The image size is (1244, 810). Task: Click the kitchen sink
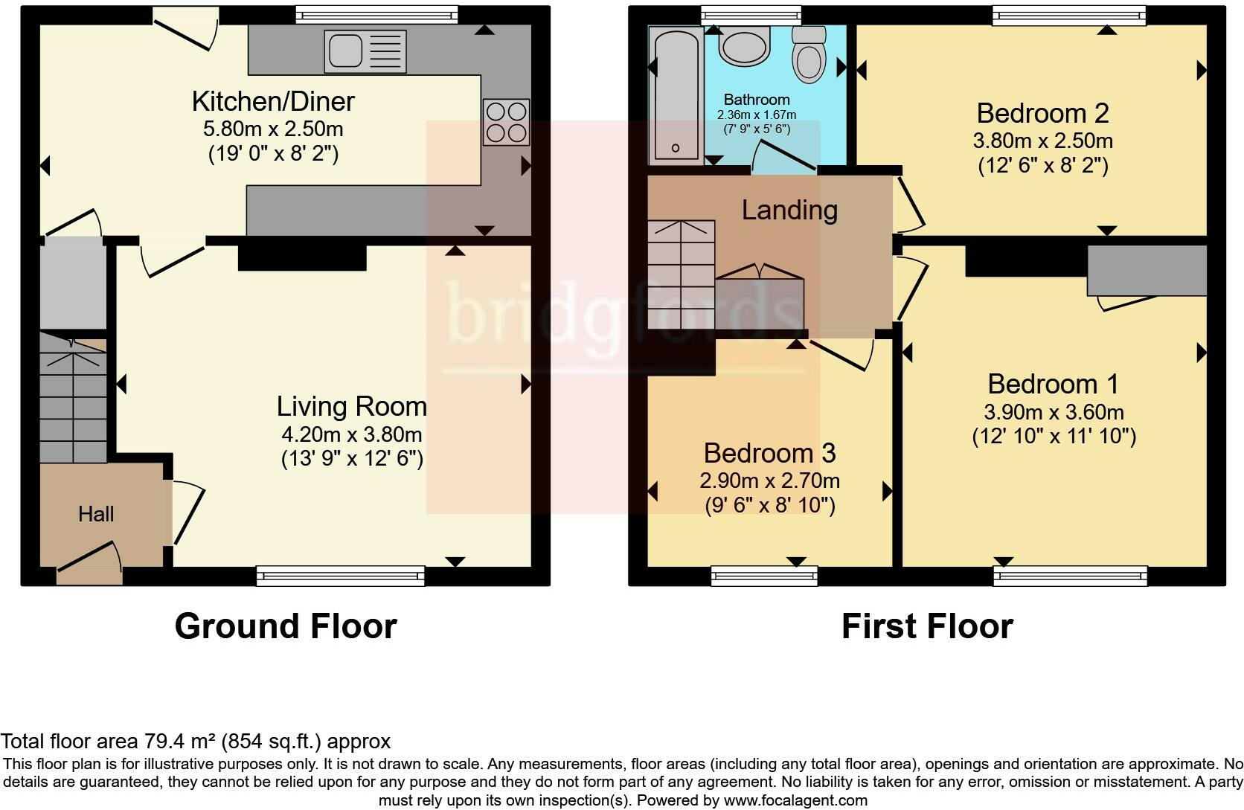coord(365,51)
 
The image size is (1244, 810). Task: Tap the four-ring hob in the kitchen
coord(506,122)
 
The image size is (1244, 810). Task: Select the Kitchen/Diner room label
coord(273,101)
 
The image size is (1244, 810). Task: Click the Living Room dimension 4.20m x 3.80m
coord(351,434)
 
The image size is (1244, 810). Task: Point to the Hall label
coord(96,514)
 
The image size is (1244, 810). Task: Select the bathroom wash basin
coord(743,48)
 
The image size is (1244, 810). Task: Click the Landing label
coord(789,210)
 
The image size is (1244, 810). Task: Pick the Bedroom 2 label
coord(1042,113)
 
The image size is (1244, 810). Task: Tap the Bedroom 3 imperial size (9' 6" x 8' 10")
coord(769,506)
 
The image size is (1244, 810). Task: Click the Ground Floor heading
coord(286,626)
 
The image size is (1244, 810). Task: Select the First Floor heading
coord(927,626)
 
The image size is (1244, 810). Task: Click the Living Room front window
coord(341,575)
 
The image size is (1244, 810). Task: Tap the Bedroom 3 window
coord(764,575)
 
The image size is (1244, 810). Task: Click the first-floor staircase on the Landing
coord(681,275)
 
